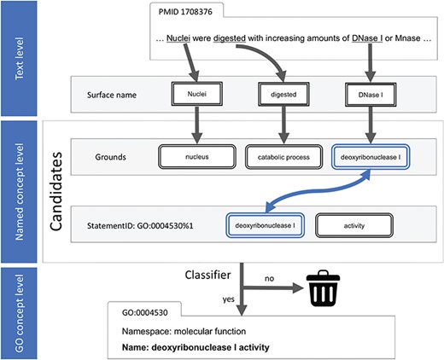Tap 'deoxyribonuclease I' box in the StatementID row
click(265, 224)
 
